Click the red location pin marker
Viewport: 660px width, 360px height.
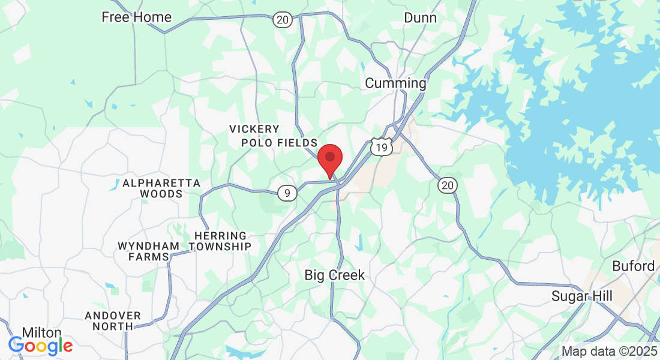pos(329,159)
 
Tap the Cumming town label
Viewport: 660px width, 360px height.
pos(395,83)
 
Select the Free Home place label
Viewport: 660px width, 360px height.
pos(136,17)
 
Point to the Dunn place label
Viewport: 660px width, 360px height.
pos(420,18)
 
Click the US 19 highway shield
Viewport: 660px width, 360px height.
pos(381,147)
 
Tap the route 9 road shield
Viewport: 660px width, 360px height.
pos(288,193)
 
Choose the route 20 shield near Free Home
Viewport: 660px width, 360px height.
pos(283,20)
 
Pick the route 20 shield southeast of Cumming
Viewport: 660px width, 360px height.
pos(447,185)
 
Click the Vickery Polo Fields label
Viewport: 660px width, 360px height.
pos(279,136)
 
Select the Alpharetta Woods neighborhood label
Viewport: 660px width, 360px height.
pos(161,188)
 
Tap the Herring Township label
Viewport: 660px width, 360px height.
pos(220,241)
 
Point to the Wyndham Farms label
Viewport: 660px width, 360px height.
pos(148,251)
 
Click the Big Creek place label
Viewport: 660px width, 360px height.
pos(334,275)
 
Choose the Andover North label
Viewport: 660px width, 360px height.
pos(113,321)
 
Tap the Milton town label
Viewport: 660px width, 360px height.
pos(41,332)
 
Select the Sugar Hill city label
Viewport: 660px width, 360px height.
pos(582,296)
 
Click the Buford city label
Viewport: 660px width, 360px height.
pos(633,266)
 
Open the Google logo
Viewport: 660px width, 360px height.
pos(40,346)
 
